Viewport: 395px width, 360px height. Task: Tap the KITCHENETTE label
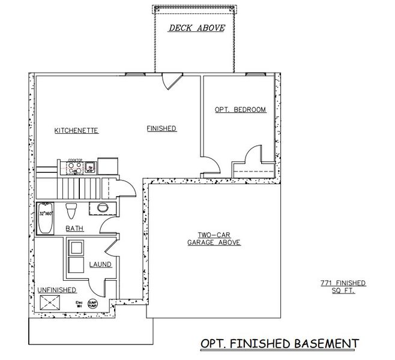pos(76,130)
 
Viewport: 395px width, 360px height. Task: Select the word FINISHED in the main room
pos(161,128)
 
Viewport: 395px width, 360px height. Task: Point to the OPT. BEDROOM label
pos(240,110)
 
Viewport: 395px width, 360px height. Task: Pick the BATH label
pos(74,228)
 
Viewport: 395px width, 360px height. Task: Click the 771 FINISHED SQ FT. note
pos(343,286)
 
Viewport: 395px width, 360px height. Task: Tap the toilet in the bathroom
pos(73,211)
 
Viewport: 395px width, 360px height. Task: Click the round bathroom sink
pos(100,208)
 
